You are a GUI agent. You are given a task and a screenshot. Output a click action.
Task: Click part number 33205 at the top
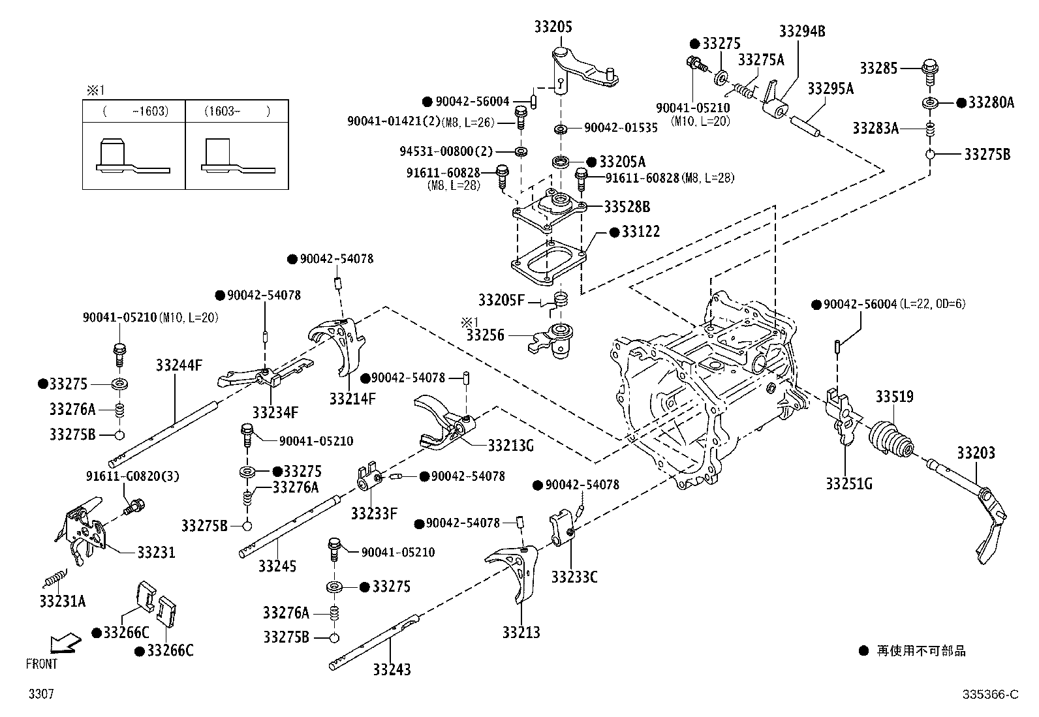tap(553, 27)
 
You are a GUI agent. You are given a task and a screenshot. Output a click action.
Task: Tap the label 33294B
tap(802, 31)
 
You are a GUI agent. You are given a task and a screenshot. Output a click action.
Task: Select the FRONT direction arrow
tap(65, 643)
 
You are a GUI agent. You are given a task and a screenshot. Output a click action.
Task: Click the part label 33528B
tap(627, 207)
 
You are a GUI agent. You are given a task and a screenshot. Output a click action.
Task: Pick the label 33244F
tap(179, 365)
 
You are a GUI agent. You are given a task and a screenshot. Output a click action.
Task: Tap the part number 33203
tap(976, 453)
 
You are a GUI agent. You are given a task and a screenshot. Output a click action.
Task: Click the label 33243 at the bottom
tap(392, 669)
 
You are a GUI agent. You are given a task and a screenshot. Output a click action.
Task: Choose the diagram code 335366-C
tap(990, 694)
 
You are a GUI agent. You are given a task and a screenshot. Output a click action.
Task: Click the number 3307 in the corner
tap(41, 694)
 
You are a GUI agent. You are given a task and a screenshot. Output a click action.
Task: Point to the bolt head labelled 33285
tap(930, 67)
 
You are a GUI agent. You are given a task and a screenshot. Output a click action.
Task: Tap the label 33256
tap(485, 335)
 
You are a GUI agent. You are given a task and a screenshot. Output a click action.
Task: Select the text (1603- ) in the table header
tap(237, 112)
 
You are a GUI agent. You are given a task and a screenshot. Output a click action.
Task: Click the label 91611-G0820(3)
tap(132, 476)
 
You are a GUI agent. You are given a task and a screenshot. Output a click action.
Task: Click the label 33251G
tap(849, 483)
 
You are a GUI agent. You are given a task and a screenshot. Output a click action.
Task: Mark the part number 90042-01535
tap(621, 127)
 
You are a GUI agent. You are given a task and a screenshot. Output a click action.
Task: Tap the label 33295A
tap(830, 88)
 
